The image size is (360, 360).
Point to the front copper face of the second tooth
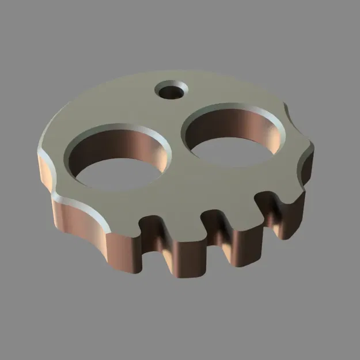pyautogui.click(x=187, y=253)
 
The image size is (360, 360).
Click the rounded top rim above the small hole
pyautogui.click(x=173, y=75)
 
